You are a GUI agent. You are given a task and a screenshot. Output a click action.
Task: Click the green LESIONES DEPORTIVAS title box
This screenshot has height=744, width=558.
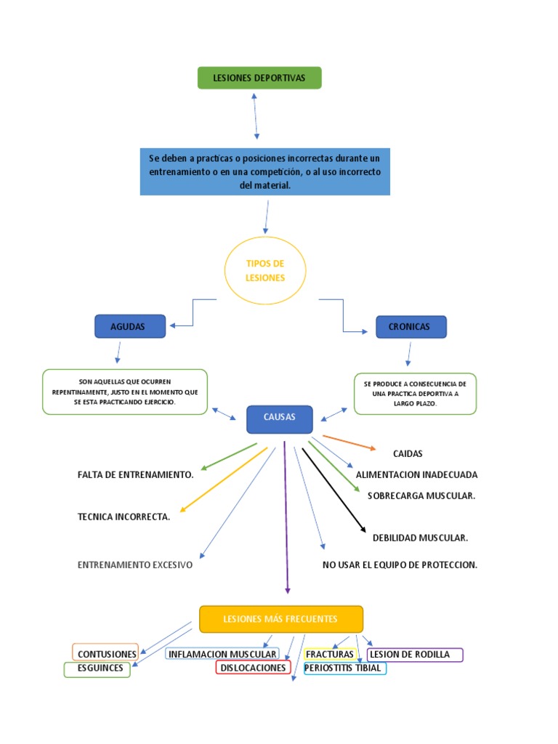[x=259, y=78]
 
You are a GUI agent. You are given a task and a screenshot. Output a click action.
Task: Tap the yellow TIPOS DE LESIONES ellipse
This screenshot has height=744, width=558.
[x=265, y=270]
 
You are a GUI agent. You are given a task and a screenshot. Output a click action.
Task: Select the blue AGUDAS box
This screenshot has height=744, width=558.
[x=130, y=327]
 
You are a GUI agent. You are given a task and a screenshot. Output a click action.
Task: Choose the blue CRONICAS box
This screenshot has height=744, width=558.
[x=411, y=327]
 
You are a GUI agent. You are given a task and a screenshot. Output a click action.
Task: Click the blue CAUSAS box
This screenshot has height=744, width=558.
[x=280, y=418]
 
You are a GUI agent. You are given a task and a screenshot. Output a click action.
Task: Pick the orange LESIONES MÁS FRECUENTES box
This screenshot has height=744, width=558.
[x=280, y=619]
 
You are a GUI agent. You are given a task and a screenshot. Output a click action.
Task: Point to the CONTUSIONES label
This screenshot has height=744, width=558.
[x=106, y=654]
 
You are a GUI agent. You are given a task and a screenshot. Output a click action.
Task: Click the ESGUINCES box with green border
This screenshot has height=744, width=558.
[x=97, y=668]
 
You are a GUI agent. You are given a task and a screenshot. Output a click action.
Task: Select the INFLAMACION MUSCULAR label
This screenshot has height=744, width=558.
[x=222, y=654]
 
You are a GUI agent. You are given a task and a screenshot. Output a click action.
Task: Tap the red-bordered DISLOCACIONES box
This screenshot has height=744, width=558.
[x=254, y=668]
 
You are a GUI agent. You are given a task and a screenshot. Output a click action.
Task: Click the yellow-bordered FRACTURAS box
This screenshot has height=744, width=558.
[x=330, y=654]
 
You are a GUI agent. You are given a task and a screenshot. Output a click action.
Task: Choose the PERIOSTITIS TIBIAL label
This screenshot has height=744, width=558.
[x=344, y=668]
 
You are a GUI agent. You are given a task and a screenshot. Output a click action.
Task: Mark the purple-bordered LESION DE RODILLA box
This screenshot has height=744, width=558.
[x=414, y=654]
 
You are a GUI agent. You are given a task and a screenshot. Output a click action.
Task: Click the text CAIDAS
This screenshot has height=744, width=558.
[x=407, y=453]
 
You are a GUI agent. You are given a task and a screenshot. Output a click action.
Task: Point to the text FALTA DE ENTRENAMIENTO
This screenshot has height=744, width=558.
[x=135, y=474]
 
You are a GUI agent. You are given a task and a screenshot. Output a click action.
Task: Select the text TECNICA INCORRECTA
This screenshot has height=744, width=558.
[x=124, y=517]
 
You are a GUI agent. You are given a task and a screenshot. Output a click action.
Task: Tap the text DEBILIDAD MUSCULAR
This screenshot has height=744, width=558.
[x=420, y=538]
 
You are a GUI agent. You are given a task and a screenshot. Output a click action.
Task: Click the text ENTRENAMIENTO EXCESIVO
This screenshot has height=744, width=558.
[x=135, y=565]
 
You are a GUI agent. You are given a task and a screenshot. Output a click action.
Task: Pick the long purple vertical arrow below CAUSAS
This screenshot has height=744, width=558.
[x=286, y=516]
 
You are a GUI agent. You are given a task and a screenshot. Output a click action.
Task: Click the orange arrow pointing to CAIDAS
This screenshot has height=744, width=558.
[x=349, y=442]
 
